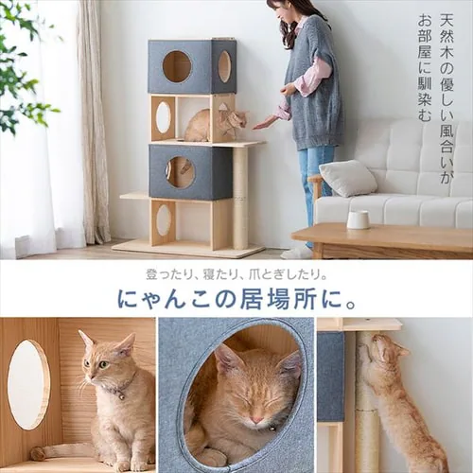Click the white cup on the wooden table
pos(359,219)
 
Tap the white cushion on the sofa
pos(348,178)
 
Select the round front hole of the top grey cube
pos(177,67)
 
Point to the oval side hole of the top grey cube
pos(224,66)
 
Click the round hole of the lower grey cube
pos(180,172)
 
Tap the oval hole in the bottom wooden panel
pos(164,219)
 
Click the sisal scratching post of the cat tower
pos(240,198)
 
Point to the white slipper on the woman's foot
pos(297,253)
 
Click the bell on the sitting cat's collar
pos(121,396)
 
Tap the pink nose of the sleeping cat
pos(256,420)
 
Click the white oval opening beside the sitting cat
pos(28,384)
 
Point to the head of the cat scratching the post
pos(387,350)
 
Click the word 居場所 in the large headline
pos(278,300)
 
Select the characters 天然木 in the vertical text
pos(447,35)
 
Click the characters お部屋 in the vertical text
pos(425,36)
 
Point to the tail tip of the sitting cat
pos(38,453)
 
